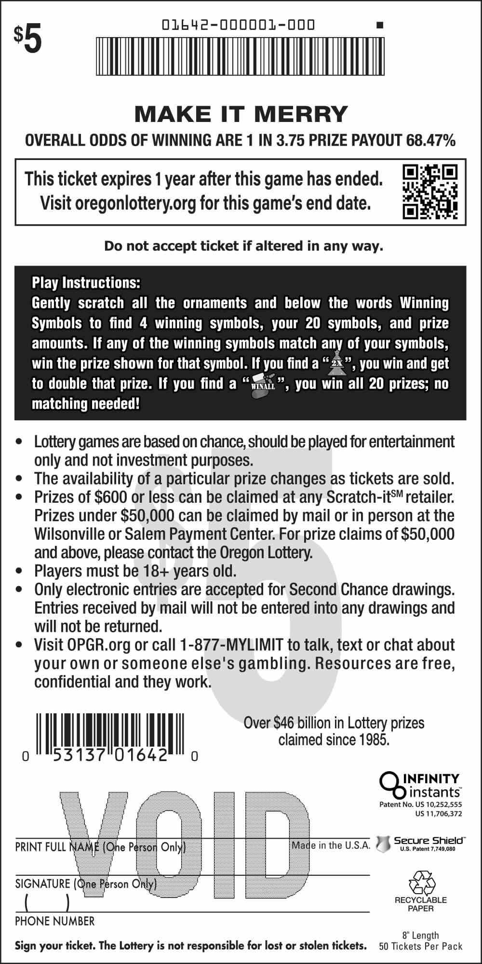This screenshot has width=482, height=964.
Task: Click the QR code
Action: point(430,191)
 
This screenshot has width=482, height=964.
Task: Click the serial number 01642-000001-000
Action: point(238,25)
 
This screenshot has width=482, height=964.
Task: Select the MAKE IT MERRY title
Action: point(241,114)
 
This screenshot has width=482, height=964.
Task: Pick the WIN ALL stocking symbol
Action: point(263,385)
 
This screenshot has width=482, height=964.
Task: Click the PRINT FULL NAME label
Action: point(57,847)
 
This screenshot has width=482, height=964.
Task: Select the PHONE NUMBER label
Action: point(54,921)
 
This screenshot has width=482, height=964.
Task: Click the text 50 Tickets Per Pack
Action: point(420,946)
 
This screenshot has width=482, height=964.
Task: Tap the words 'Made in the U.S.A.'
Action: point(331,845)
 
